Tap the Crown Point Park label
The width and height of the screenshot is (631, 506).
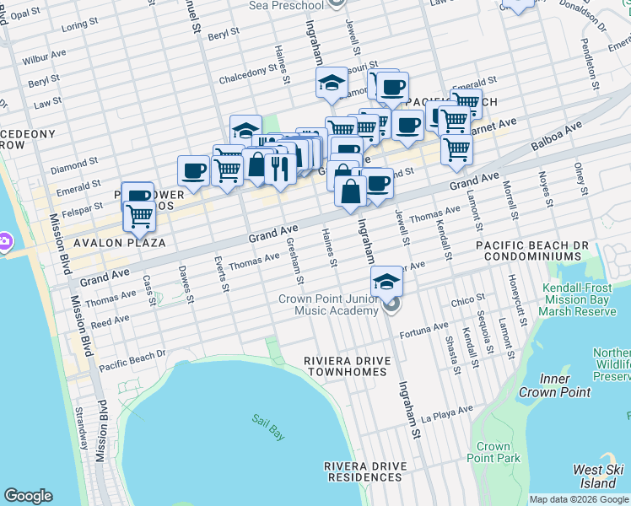tap(493, 452)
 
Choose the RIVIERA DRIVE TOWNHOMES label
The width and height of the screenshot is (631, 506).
tap(348, 366)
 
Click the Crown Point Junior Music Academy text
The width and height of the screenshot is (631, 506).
tap(329, 305)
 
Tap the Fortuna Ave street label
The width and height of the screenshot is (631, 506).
tap(423, 329)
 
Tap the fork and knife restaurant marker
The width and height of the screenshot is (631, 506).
tap(278, 168)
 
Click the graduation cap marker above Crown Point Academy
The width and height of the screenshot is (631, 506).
tap(386, 282)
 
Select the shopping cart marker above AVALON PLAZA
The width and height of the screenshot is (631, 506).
tap(140, 216)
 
